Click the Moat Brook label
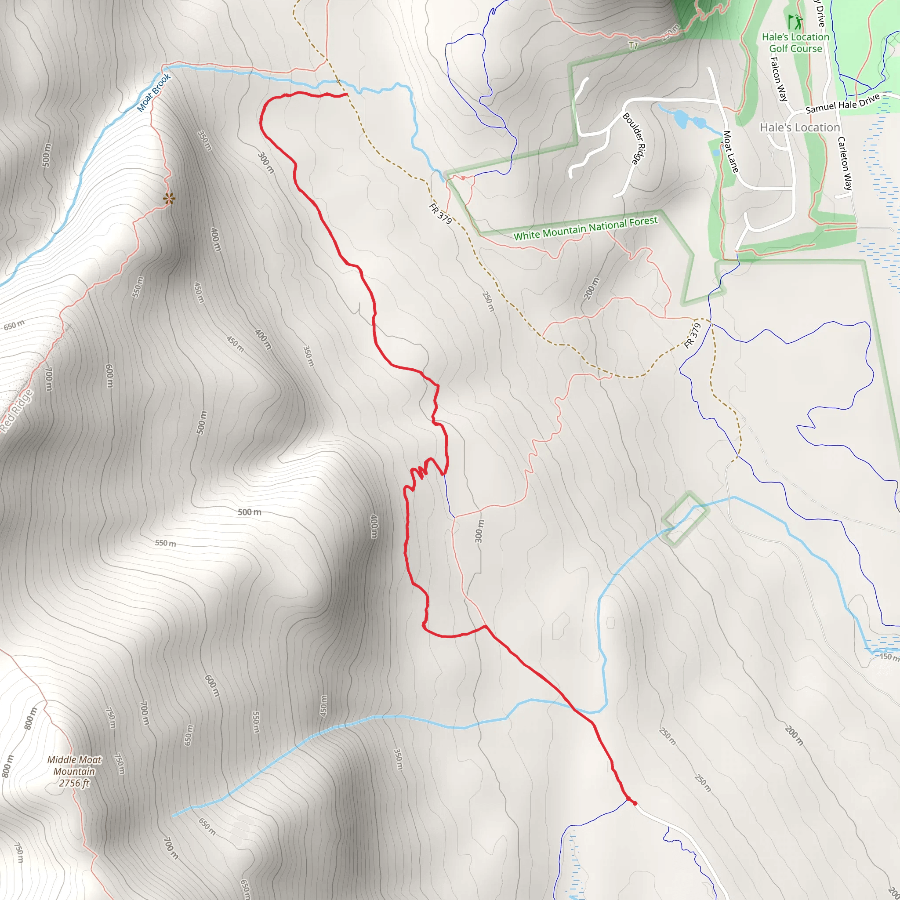(154, 93)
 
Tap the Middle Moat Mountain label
(74, 765)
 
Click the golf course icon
(795, 22)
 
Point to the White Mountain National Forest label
(585, 228)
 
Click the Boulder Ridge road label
(635, 138)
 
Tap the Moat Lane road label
(730, 152)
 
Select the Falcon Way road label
(778, 79)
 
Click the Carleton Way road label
(845, 163)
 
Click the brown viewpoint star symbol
(169, 199)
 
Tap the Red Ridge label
(16, 411)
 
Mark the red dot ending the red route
(635, 803)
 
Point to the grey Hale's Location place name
(799, 127)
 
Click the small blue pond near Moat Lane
(681, 118)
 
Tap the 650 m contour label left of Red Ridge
(14, 325)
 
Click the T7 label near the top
(633, 45)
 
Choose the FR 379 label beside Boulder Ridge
(440, 213)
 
